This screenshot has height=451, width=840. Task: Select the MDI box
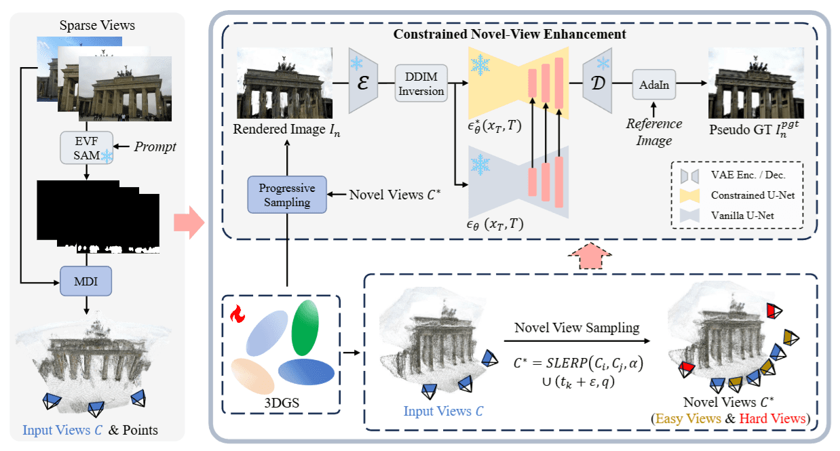click(x=85, y=279)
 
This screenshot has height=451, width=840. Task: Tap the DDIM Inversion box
click(x=421, y=83)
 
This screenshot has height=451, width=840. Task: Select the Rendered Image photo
click(x=284, y=82)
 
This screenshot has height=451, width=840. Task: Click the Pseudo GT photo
click(x=756, y=82)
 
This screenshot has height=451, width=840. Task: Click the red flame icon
click(x=237, y=313)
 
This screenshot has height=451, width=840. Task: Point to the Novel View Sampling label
click(x=577, y=328)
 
